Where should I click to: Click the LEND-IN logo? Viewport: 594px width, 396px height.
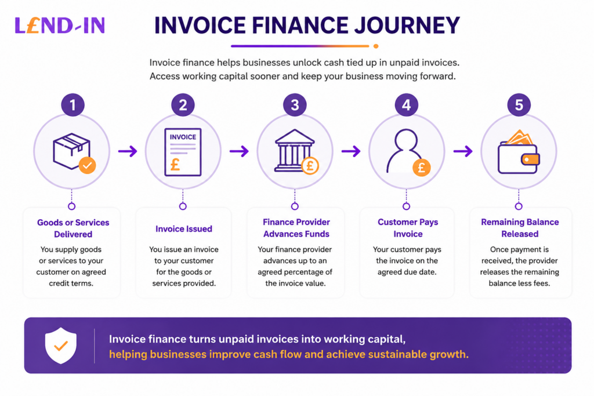(x=60, y=26)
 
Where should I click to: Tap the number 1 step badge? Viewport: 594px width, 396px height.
(x=73, y=105)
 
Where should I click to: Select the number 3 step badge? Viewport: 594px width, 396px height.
(x=295, y=105)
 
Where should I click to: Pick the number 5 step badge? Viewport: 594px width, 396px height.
(x=519, y=105)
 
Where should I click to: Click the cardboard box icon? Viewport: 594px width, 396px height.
(x=71, y=151)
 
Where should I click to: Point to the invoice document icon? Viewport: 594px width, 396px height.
(x=183, y=152)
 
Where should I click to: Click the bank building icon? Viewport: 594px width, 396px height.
(x=294, y=151)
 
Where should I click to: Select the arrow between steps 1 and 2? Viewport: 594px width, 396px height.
(x=128, y=151)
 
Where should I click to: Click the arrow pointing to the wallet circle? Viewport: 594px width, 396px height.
(x=463, y=151)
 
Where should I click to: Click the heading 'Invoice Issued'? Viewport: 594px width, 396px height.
(x=184, y=228)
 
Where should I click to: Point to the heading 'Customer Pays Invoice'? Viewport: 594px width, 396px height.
(x=408, y=228)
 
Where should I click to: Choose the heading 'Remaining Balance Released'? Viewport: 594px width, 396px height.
(x=520, y=228)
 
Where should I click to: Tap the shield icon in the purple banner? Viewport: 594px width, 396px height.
(x=60, y=346)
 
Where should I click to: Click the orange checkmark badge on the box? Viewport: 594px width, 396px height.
(x=87, y=165)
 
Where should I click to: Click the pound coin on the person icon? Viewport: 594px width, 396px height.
(x=421, y=168)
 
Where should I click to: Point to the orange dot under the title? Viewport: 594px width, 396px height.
(x=376, y=46)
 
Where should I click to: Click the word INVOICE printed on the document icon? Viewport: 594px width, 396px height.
(x=183, y=137)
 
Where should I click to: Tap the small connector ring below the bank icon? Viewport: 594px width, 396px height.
(x=295, y=206)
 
